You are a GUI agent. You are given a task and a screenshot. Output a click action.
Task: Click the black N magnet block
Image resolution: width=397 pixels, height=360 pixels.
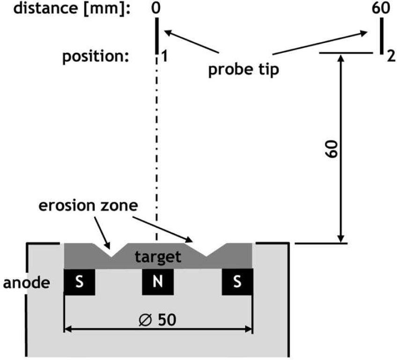[157, 282]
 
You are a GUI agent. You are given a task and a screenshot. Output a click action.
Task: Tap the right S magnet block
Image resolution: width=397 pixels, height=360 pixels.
[237, 282]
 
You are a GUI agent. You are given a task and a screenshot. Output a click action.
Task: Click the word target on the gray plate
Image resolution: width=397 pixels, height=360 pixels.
[158, 257]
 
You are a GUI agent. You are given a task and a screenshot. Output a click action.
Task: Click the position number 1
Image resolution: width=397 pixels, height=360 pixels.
[164, 58]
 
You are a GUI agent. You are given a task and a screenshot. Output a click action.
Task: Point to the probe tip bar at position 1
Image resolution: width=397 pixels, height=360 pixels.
[157, 35]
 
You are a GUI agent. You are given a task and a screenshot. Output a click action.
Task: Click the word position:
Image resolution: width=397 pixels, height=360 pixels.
[96, 57]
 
